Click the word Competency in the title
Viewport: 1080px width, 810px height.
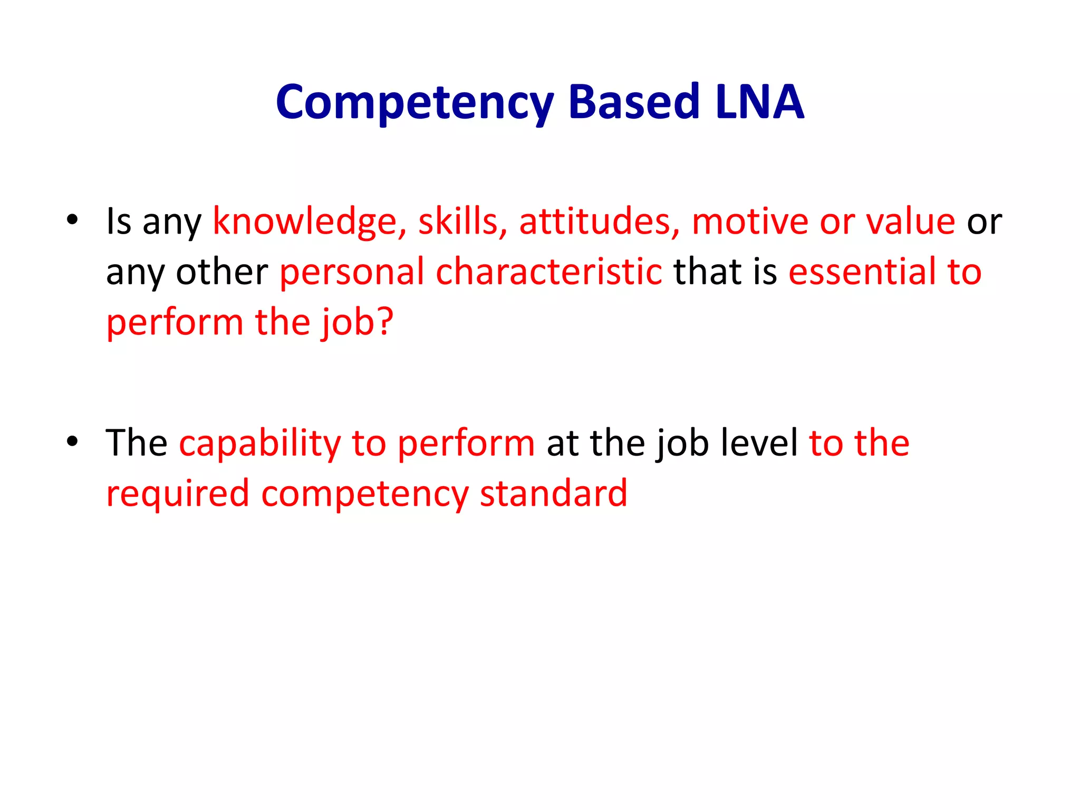point(414,102)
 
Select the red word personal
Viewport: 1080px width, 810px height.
point(352,272)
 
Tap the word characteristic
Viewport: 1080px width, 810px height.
point(549,272)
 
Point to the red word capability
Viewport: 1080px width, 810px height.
point(260,443)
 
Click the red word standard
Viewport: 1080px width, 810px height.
point(554,494)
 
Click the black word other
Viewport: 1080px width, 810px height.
point(222,272)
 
